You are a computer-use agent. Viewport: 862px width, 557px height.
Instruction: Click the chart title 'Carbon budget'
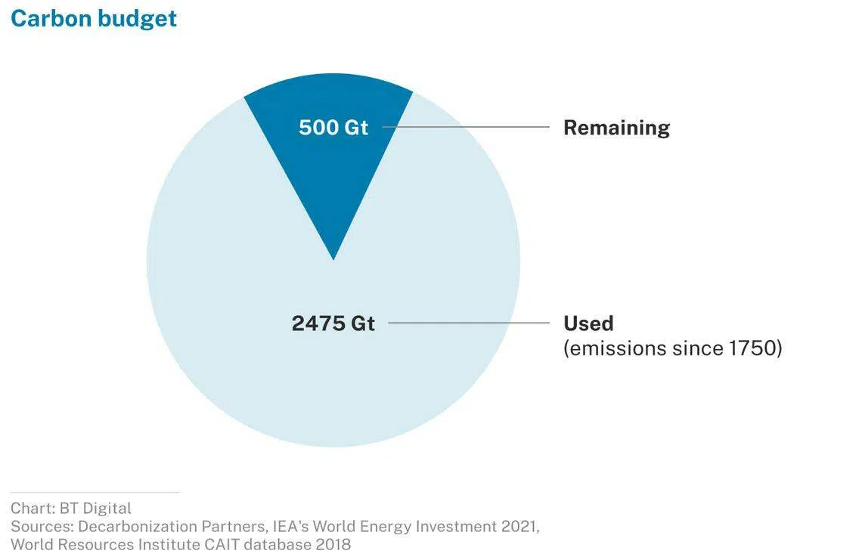[x=94, y=18]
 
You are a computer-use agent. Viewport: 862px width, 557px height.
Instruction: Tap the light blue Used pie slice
[x=333, y=378]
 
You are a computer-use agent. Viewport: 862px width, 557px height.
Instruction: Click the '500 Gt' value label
[x=333, y=127]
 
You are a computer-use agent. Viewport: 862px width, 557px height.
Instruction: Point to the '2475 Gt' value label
[x=333, y=323]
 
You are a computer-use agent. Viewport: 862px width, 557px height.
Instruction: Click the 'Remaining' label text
[x=616, y=127]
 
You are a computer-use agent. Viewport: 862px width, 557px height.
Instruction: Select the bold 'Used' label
[x=588, y=323]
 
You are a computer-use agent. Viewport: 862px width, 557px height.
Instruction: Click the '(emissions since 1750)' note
[x=672, y=348]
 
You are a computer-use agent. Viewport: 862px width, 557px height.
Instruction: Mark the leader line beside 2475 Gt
[x=469, y=323]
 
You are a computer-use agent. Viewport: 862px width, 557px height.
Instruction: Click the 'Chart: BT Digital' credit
[x=71, y=508]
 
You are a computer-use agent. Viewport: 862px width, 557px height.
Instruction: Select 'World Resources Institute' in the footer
[x=98, y=544]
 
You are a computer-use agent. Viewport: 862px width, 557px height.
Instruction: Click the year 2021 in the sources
[x=519, y=526]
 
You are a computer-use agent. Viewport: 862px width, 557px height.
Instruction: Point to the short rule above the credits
[x=95, y=492]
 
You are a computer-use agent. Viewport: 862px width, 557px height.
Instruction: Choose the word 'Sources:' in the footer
[x=42, y=526]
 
